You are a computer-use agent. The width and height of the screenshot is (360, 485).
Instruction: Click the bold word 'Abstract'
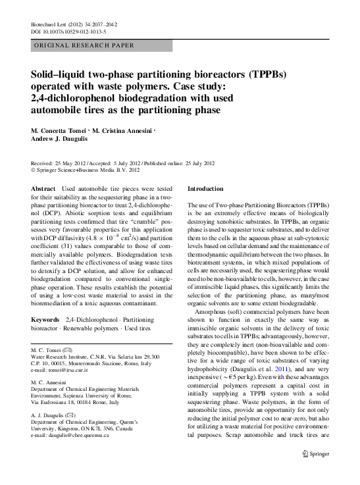tap(44, 189)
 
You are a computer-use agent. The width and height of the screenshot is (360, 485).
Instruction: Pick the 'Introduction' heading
tap(206, 188)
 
